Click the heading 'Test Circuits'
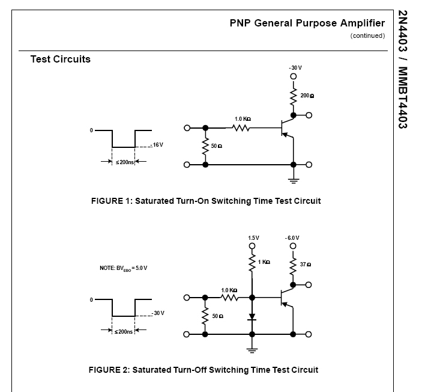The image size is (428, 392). point(61,60)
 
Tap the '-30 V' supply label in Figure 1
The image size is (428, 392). point(294,68)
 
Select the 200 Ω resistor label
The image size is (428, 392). point(307,96)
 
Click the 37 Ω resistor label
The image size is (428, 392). point(305,265)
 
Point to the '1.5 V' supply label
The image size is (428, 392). point(253,238)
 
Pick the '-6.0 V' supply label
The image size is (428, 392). point(292,238)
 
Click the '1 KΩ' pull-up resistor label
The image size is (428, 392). point(264,262)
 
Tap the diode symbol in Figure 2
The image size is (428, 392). point(253,316)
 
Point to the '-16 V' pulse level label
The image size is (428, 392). point(157,145)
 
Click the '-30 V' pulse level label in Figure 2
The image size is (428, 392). point(158,313)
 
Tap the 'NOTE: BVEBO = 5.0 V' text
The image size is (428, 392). point(123,268)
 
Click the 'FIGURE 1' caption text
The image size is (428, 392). point(206,201)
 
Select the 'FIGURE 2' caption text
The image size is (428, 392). point(203,369)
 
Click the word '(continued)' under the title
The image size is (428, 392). point(367,35)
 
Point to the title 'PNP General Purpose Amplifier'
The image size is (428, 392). point(307,23)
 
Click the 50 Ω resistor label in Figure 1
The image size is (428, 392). point(217,146)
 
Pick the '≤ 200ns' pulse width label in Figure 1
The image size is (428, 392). point(124,162)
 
